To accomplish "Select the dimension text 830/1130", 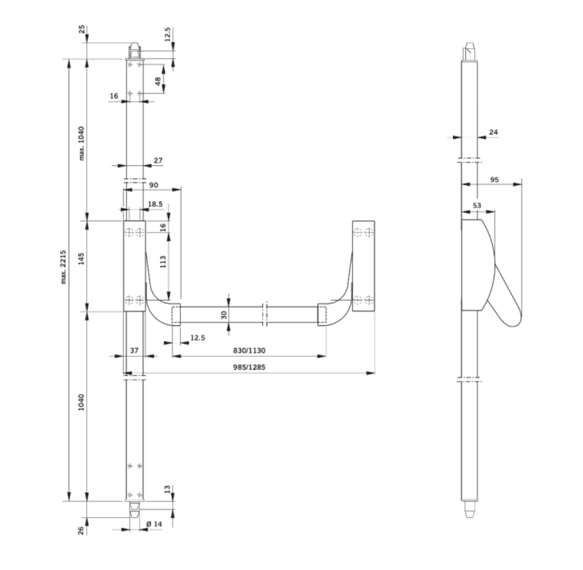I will [249, 351].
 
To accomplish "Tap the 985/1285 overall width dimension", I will [249, 367].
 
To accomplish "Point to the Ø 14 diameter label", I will [155, 524].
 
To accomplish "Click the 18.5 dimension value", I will [155, 204].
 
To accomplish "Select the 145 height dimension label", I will [82, 260].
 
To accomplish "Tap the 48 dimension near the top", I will [158, 82].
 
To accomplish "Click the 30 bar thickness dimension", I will [224, 314].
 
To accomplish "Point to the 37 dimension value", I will [134, 351].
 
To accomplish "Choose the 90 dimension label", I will [153, 185].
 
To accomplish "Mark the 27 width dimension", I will [158, 160].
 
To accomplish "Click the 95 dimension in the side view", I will [494, 180].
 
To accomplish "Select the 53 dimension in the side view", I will [477, 205].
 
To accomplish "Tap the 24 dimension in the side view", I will [493, 132].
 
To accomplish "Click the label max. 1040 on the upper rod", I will [82, 143].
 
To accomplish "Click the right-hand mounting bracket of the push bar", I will [363, 267].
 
